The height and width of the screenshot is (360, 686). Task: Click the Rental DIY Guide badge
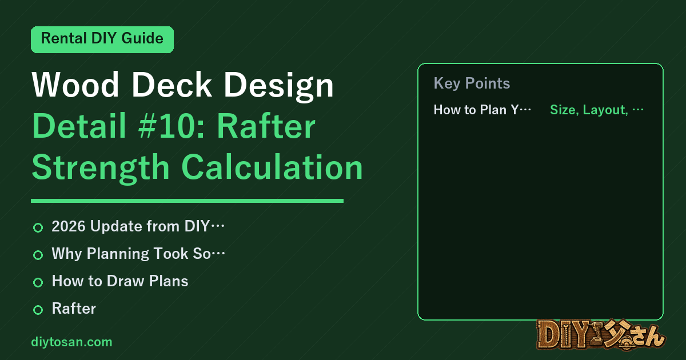coord(102,39)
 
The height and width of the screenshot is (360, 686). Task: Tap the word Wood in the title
coord(75,85)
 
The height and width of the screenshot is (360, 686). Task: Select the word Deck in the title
coord(171,85)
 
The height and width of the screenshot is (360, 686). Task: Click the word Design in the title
coord(279,86)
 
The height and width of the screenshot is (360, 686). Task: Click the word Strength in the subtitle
coord(101,169)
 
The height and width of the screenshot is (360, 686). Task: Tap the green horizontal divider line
coord(187,201)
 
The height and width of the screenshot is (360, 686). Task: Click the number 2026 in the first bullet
coord(68,226)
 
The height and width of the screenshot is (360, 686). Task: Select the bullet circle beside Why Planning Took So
coord(38,255)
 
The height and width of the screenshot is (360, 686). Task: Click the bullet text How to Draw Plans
coord(120,281)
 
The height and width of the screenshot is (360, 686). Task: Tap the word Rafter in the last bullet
coord(74,308)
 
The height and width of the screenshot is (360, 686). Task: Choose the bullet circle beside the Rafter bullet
coord(38,310)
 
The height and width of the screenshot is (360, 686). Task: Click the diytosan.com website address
coord(71,342)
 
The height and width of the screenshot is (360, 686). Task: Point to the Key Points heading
coord(472,83)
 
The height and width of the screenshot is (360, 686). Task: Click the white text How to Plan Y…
coord(482,110)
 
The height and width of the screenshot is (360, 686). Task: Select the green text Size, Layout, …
coord(597,110)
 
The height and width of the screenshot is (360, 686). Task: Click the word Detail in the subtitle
coord(79,126)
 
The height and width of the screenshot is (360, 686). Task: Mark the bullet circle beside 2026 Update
coord(38,227)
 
